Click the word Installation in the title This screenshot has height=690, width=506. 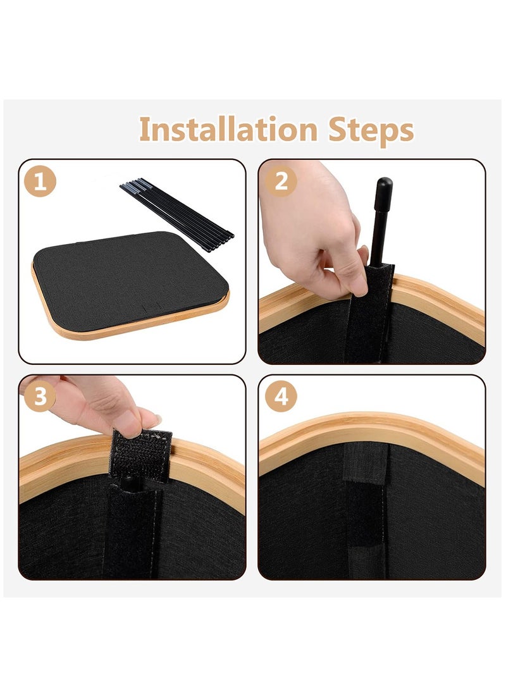[x=228, y=130]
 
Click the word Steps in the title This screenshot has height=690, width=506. [x=371, y=131]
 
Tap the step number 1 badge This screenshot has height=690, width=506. [x=40, y=182]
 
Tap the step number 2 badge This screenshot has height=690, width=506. [x=281, y=181]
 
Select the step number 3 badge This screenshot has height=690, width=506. [x=40, y=396]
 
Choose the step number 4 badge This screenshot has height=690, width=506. [x=281, y=396]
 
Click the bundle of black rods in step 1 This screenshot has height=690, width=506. [x=176, y=214]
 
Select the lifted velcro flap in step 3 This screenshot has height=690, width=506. [x=140, y=455]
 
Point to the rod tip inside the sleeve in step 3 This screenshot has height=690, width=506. [x=130, y=481]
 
